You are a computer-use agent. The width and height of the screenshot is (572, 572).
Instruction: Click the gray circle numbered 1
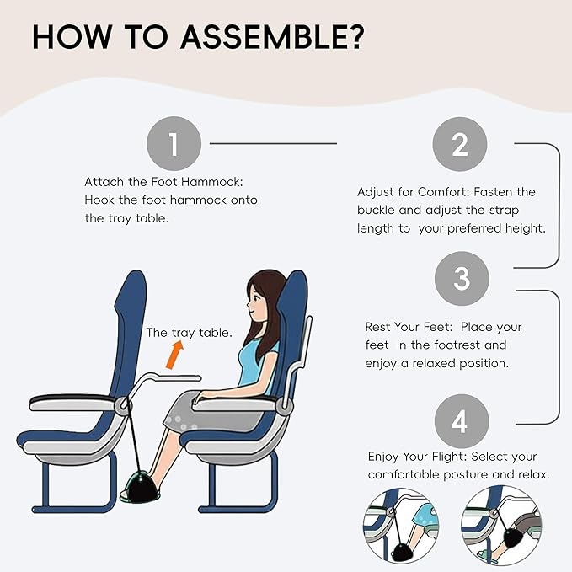(174, 144)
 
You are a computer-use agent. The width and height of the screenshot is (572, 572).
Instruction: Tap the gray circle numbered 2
(460, 144)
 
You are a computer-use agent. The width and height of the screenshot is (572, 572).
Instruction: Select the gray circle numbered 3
(460, 279)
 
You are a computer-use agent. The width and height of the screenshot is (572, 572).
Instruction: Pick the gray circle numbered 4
(460, 420)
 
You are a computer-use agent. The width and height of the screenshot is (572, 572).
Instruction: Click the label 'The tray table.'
(189, 333)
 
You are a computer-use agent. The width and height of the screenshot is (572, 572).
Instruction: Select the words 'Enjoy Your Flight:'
(417, 456)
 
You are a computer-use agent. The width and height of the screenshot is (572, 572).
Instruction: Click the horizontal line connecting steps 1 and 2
(273, 144)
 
